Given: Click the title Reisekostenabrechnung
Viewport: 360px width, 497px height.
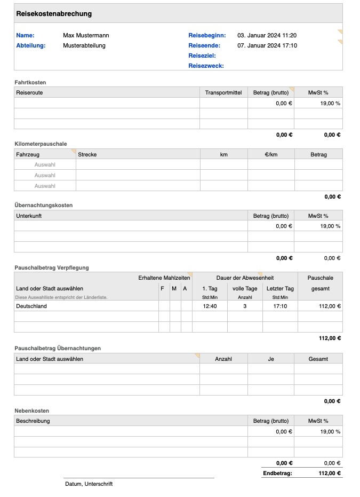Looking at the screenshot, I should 54,14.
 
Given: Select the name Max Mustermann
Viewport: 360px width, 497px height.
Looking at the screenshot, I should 86,35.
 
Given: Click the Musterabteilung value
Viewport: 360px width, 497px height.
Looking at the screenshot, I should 84,45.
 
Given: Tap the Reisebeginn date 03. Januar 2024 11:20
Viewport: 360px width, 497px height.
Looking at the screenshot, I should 267,35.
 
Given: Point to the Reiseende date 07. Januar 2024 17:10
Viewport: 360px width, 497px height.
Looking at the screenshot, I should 267,45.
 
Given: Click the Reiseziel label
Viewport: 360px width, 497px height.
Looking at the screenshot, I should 202,56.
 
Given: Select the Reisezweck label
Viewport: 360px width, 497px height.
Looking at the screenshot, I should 206,66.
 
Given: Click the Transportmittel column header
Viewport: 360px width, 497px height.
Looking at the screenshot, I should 223,92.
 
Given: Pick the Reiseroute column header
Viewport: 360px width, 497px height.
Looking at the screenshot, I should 30,92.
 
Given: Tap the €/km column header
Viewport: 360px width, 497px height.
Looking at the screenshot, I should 271,154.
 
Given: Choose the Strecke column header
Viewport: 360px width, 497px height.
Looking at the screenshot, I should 87,154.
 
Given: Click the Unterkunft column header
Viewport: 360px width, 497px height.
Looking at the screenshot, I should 29,216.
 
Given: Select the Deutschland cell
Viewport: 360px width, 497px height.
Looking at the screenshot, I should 31,306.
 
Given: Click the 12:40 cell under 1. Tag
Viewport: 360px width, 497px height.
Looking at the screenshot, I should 210,306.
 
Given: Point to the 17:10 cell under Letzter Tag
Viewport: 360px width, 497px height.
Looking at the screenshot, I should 280,306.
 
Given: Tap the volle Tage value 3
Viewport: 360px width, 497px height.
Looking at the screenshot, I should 245,306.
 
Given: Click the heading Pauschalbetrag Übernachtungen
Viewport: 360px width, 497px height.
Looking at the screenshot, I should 57,348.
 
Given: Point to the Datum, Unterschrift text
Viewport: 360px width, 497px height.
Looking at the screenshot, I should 89,484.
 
